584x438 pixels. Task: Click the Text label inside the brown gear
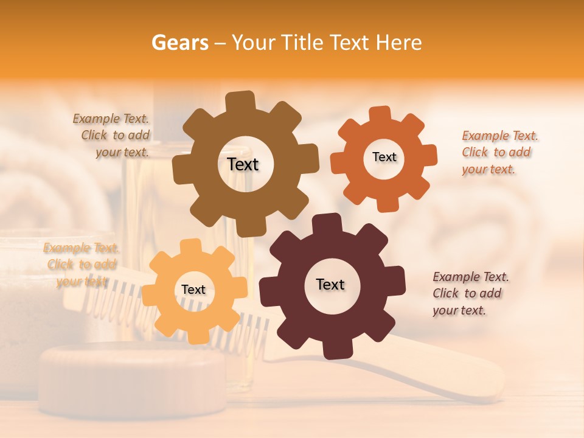pyautogui.click(x=243, y=164)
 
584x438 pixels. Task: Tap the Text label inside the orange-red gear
pyautogui.click(x=384, y=157)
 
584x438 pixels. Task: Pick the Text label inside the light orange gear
pyautogui.click(x=193, y=290)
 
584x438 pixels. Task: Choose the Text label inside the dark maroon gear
pyautogui.click(x=330, y=284)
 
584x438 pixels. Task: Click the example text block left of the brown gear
pyautogui.click(x=113, y=136)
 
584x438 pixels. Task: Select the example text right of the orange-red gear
pyautogui.click(x=499, y=152)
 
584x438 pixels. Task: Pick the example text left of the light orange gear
pyautogui.click(x=81, y=265)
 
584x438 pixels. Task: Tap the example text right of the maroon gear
pyautogui.click(x=470, y=293)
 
